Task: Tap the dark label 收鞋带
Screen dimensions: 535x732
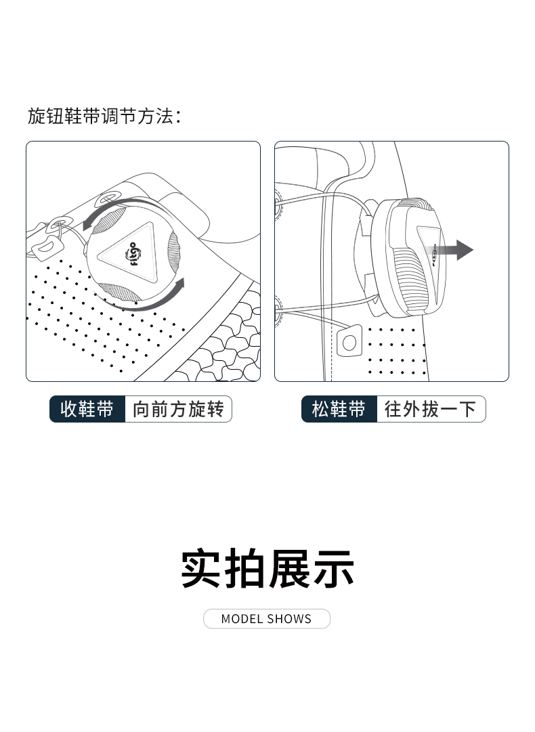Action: pyautogui.click(x=87, y=409)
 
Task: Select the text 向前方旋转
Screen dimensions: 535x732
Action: pyautogui.click(x=178, y=409)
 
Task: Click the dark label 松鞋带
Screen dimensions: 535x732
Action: pyautogui.click(x=339, y=409)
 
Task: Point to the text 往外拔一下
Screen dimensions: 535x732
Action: pyautogui.click(x=430, y=409)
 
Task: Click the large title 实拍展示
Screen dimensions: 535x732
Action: pyautogui.click(x=267, y=569)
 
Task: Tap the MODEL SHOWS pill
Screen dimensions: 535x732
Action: pyautogui.click(x=267, y=618)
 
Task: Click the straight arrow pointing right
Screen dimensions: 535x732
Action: pyautogui.click(x=450, y=251)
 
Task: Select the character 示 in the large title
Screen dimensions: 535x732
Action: pyautogui.click(x=333, y=569)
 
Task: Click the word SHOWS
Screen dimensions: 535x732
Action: pyautogui.click(x=289, y=619)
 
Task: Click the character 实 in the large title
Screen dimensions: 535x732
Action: pyautogui.click(x=200, y=569)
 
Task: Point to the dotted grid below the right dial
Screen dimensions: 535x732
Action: pyautogui.click(x=397, y=351)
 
